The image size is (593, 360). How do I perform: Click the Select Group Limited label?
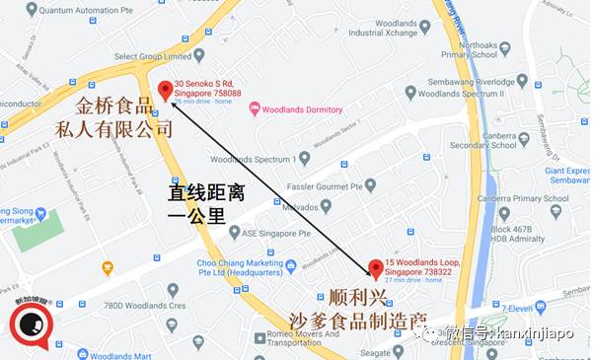coord(151,57)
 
